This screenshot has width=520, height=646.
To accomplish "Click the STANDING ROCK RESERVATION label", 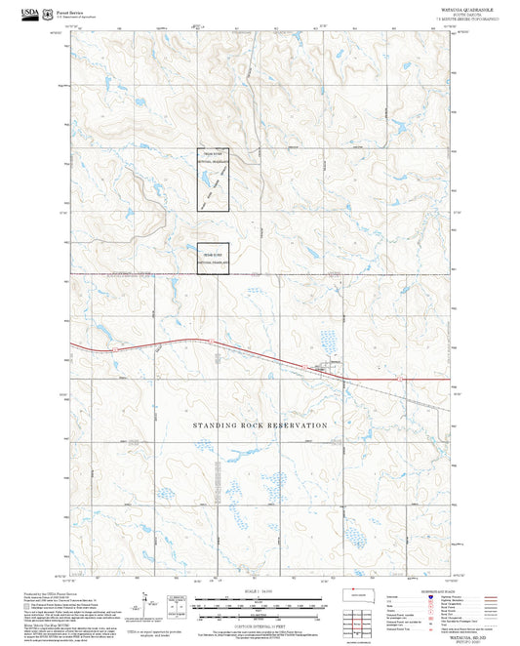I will pos(260,425).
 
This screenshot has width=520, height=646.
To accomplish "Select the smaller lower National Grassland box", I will pos(213,260).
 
